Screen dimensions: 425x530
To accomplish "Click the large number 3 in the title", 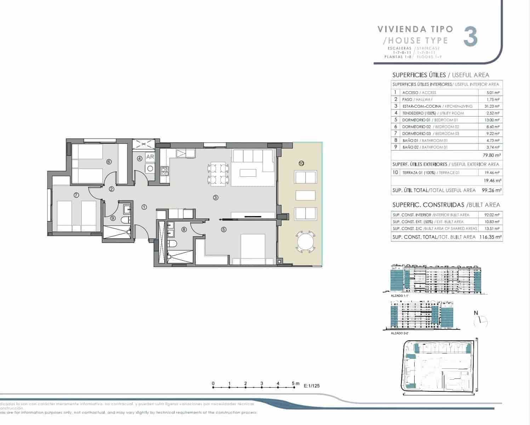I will click(471, 36).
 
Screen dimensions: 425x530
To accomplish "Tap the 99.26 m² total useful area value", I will click(492, 190).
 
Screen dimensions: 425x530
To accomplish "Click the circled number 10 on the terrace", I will click(301, 163).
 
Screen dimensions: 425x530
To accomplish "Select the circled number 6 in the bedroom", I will click(109, 161).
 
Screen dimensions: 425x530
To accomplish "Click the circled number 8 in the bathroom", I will click(184, 229).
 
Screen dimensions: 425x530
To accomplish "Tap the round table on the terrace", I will click(305, 242).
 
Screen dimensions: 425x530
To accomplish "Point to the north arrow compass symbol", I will click(480, 320).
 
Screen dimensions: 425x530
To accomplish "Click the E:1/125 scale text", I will click(312, 386).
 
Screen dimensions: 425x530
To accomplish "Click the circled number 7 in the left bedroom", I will click(76, 195).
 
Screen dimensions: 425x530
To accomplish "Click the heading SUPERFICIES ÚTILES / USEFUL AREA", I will click(440, 75).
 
